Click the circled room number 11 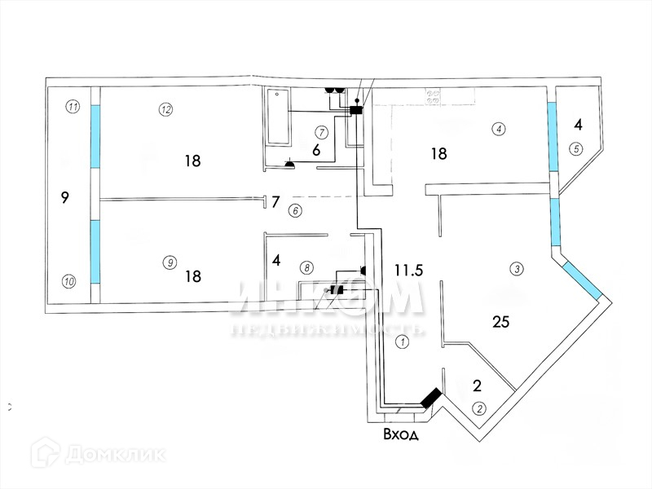73,107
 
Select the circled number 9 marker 170,262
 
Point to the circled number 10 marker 69,282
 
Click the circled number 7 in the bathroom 321,131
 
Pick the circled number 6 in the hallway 295,210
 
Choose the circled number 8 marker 306,267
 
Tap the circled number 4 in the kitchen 499,128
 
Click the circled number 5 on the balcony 577,148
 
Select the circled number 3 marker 515,268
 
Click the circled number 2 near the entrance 479,408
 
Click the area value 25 501,322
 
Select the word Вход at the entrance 401,435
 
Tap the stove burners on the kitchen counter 432,95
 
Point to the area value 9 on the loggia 64,196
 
